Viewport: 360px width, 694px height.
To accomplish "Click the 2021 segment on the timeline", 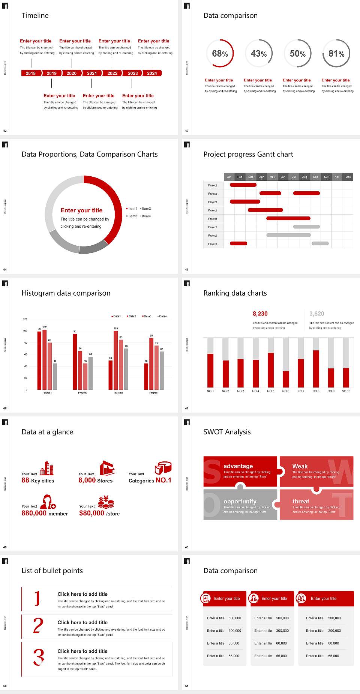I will coord(92,73).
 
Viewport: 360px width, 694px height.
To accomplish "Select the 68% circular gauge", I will coord(220,54).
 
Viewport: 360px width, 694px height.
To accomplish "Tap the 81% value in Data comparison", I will coord(336,54).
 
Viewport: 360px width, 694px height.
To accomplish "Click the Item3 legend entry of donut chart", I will coord(132,216).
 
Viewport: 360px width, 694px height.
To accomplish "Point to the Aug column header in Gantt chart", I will coord(304,177).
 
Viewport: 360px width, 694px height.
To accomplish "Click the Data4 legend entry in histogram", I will coord(162,316).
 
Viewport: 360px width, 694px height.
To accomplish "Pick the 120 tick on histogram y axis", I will coord(25,319).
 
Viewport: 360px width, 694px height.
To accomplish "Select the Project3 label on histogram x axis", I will coord(118,393).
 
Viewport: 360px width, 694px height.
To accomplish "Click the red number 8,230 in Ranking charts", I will coord(260,314).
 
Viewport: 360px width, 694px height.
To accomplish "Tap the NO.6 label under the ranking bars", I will coord(286,391).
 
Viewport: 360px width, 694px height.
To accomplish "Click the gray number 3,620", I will coord(316,314).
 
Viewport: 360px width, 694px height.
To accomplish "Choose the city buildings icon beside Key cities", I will coord(47,468).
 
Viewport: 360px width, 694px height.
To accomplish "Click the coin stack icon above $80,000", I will coord(106,502).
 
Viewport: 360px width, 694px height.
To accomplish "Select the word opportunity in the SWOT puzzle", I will coord(240,501).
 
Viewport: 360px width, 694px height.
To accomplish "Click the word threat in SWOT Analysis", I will coord(301,501).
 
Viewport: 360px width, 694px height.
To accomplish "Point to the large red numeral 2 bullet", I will coord(38,626).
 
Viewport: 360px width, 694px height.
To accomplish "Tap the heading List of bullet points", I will coord(52,571).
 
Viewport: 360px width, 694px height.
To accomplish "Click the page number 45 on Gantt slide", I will coord(187,269).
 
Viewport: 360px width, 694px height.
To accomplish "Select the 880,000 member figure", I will coord(45,513).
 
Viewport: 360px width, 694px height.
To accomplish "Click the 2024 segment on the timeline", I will coord(152,73).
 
